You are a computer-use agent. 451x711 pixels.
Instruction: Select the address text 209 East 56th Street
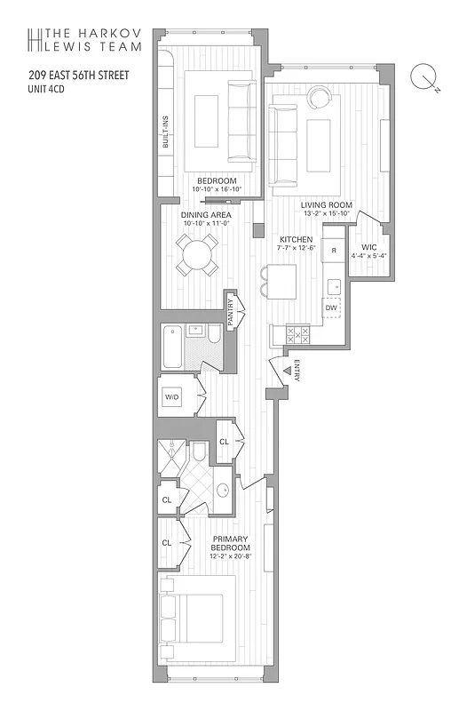[x=77, y=76]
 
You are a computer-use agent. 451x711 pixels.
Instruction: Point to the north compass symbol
[x=423, y=78]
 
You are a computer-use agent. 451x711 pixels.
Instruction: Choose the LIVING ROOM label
[x=328, y=204]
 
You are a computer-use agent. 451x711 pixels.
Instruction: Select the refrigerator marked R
[x=333, y=251]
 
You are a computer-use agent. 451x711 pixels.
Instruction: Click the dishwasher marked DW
[x=331, y=308]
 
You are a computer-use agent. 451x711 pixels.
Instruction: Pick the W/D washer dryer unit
[x=173, y=398]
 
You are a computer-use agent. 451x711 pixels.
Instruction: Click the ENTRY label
[x=297, y=370]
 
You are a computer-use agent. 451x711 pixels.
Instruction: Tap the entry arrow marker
[x=286, y=370]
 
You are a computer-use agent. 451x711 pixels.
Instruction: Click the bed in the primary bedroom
[x=197, y=614]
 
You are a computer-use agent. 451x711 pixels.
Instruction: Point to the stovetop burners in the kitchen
[x=296, y=334]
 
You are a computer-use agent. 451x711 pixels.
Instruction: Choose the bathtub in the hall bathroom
[x=172, y=346]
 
